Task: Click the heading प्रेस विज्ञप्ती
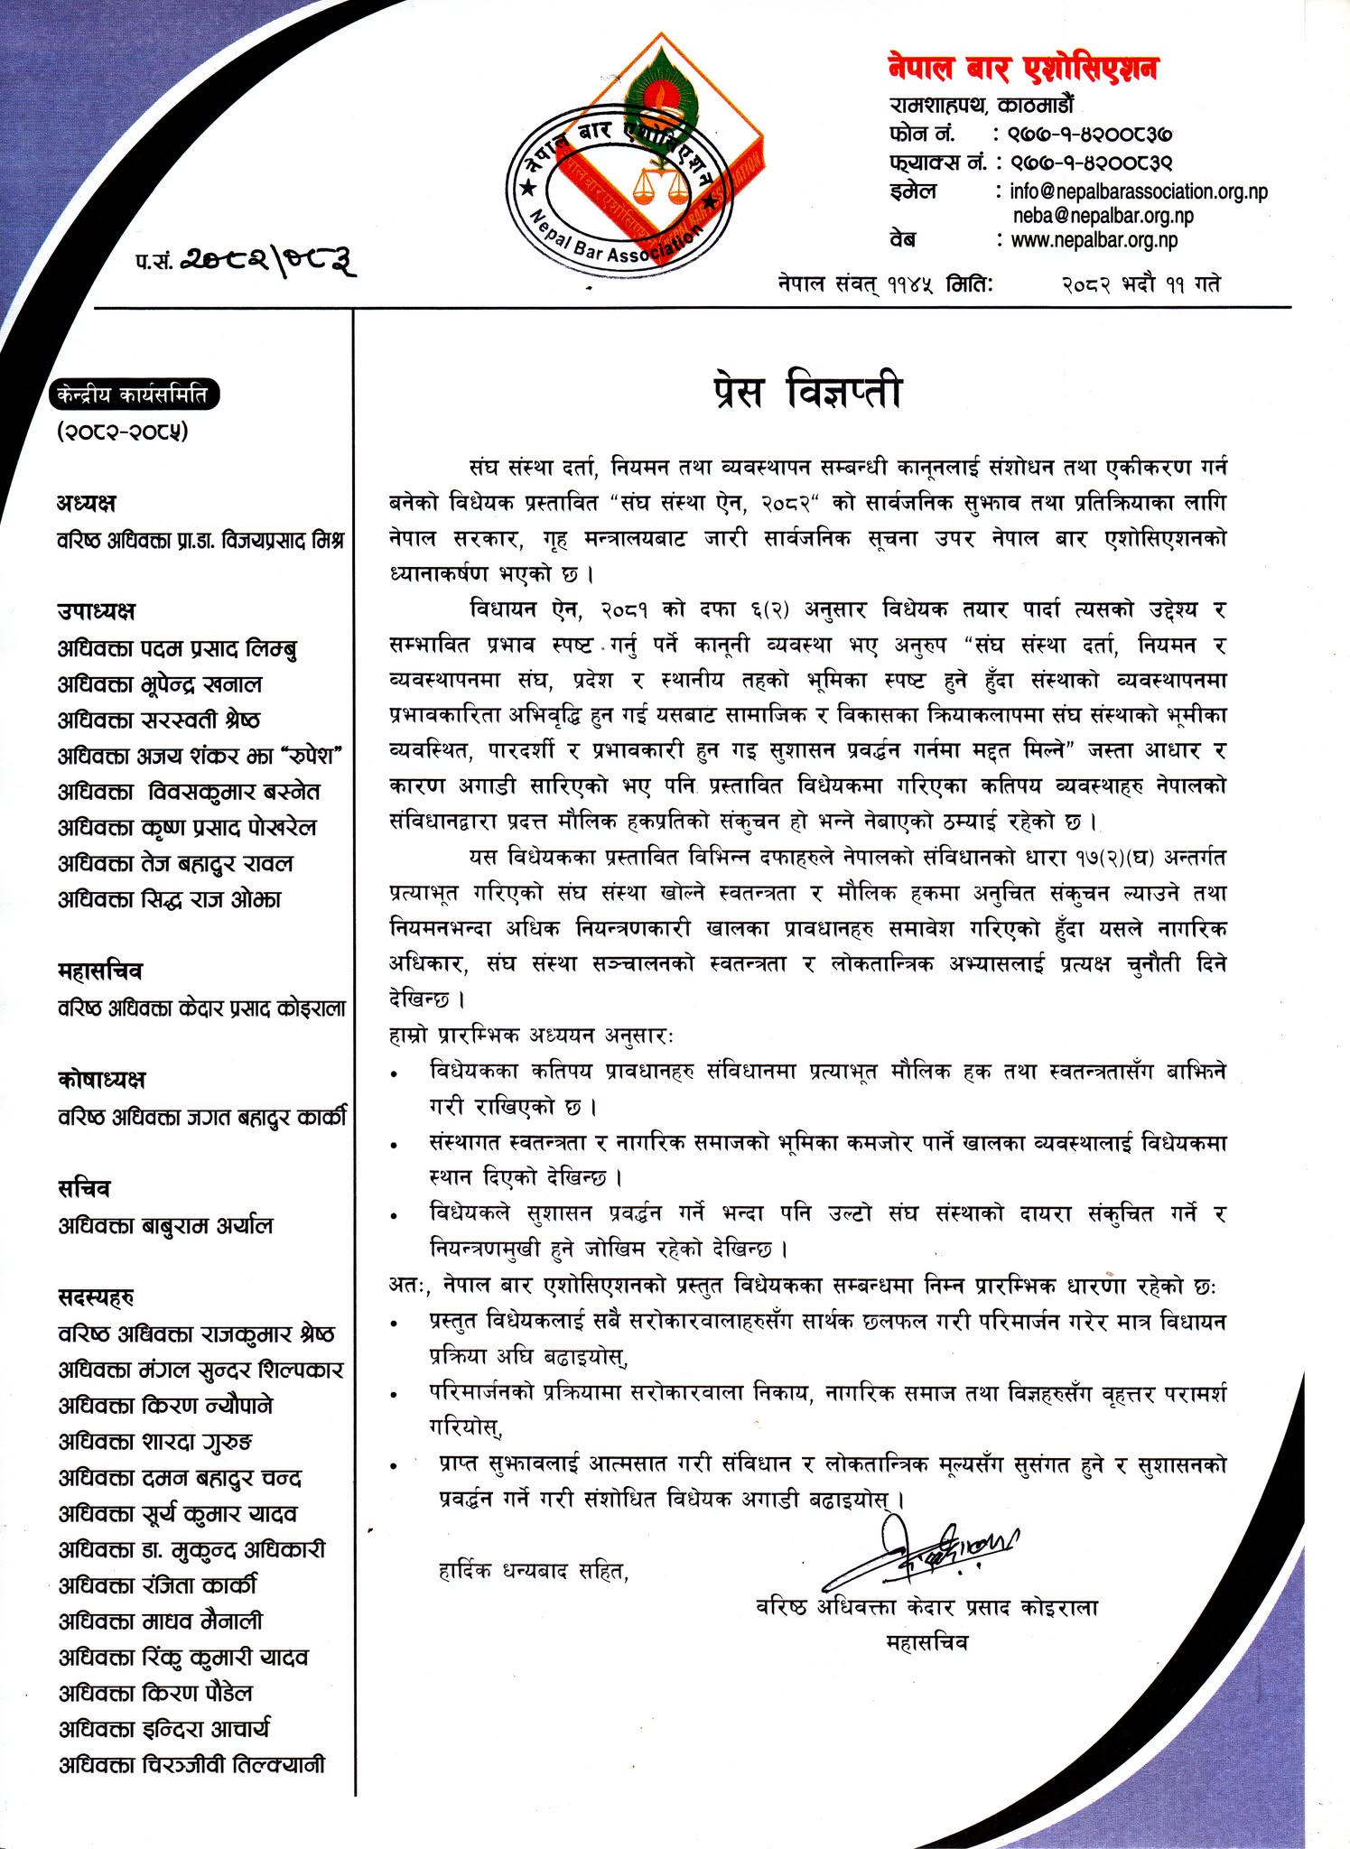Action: coord(805,393)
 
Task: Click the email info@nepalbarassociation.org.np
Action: coord(1138,191)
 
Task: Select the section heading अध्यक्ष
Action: coord(87,503)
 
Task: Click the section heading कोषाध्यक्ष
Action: coord(101,1080)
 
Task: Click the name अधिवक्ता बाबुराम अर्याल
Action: coord(165,1225)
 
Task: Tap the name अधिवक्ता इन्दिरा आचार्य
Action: coord(164,1729)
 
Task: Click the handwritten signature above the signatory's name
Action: coord(926,1546)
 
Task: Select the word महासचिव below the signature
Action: coord(926,1643)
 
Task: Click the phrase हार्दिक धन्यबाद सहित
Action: coord(533,1572)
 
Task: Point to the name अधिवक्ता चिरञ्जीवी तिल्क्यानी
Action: coord(191,1765)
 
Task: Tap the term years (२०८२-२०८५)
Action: coord(123,432)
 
